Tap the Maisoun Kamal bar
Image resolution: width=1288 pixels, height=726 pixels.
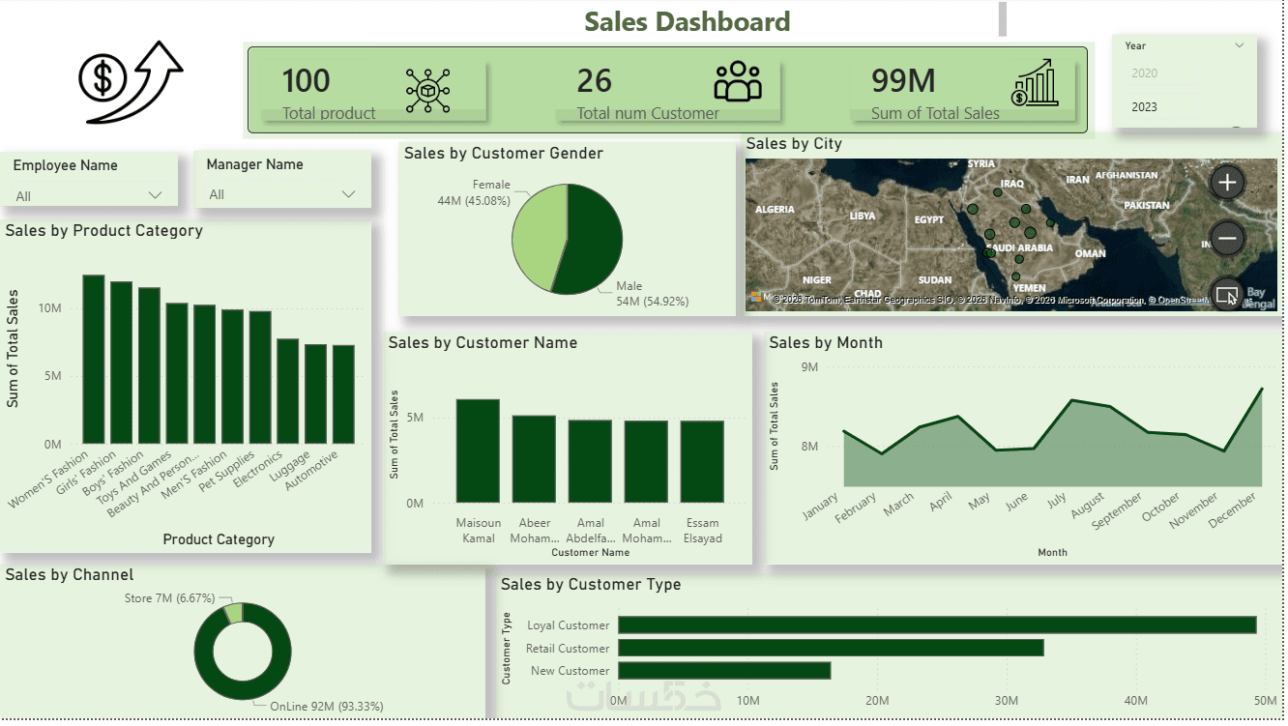(478, 450)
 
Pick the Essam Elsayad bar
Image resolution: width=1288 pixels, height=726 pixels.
(702, 461)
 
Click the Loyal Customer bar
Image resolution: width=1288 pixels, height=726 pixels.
(936, 625)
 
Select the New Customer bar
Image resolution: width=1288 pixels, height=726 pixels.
(723, 670)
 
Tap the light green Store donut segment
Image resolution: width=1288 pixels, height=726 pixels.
(233, 613)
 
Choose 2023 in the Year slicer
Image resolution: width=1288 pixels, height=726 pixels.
(1144, 107)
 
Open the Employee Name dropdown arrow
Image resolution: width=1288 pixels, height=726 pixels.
(155, 195)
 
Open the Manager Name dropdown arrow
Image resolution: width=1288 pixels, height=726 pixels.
(348, 194)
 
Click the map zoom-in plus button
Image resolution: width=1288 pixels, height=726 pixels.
(1226, 182)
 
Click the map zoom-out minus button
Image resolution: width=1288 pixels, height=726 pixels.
(1226, 238)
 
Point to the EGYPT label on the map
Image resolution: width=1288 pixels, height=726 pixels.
(928, 219)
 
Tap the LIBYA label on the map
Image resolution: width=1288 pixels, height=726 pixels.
(862, 216)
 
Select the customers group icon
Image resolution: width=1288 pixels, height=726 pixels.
(738, 82)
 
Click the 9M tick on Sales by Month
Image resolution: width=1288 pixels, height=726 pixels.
(809, 367)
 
